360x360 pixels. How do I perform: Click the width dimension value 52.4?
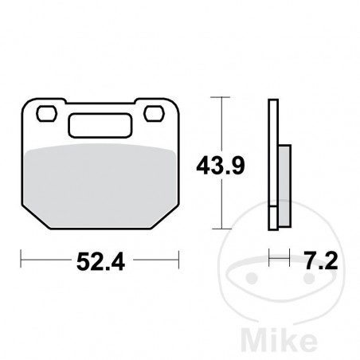[100, 260]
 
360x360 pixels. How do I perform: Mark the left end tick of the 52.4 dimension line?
[22, 259]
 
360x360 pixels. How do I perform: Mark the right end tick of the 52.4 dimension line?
[177, 259]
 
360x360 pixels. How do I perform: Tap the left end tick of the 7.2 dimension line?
[271, 259]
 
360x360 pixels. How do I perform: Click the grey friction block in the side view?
[280, 187]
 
